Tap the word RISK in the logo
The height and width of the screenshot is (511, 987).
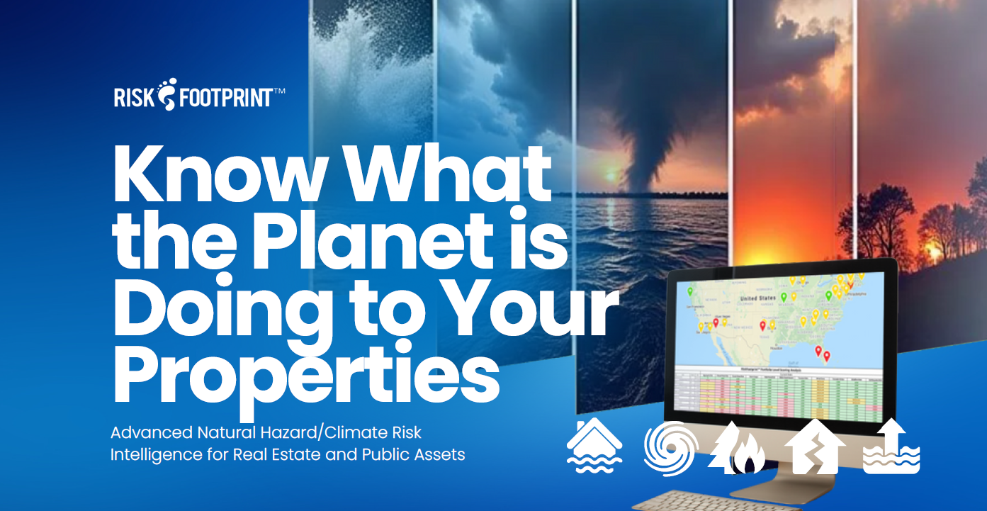tap(133, 97)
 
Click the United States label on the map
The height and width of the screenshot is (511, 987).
tap(758, 299)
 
